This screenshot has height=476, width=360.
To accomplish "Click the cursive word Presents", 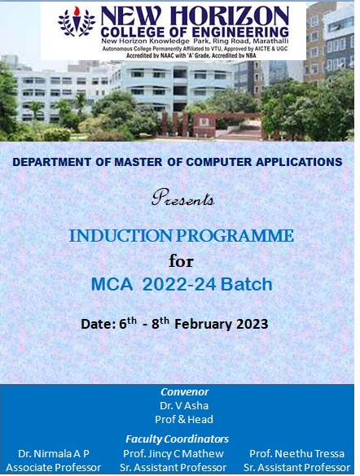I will coord(183,197).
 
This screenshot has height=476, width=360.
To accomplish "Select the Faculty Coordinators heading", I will coord(177,439).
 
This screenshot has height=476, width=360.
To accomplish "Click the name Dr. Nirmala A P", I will coord(53,453).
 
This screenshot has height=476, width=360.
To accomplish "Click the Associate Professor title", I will coord(53,468).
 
